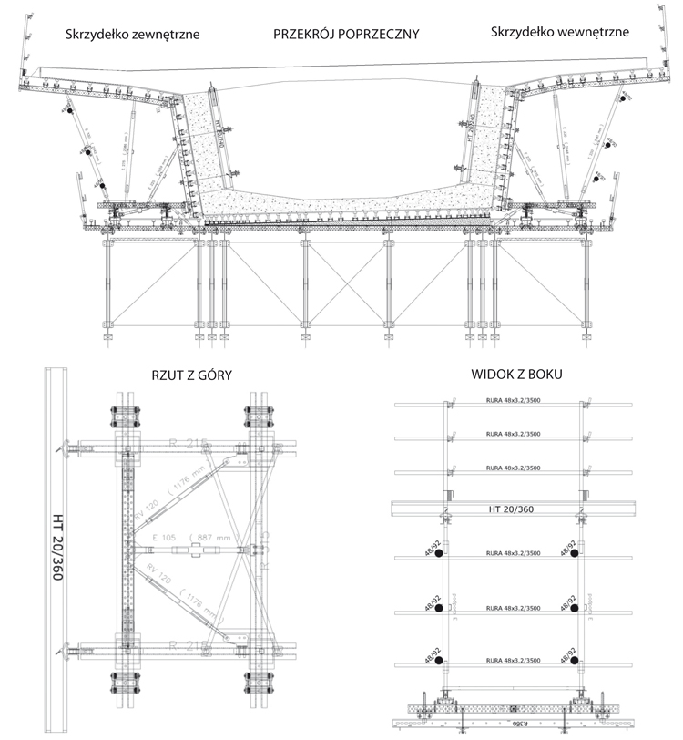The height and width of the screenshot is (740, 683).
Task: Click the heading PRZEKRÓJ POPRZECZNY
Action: [346, 35]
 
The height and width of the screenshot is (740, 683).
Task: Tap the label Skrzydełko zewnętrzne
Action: [132, 35]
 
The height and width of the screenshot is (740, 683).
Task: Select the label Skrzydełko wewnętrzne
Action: [558, 33]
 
